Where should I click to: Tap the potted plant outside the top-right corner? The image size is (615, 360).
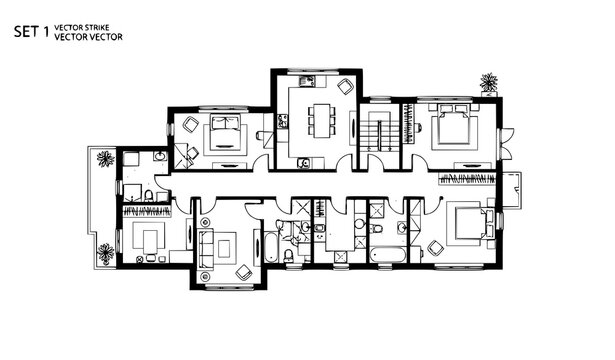489,82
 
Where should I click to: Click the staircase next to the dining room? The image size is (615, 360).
379,130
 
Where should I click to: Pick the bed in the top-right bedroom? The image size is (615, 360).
446,129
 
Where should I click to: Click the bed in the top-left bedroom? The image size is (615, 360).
222,135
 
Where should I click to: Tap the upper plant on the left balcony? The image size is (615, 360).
105,157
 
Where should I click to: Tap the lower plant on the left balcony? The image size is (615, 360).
105,253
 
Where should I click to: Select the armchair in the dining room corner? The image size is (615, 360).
345,87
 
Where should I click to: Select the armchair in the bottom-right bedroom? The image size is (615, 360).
436,247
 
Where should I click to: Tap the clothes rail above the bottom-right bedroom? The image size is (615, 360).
466,180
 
